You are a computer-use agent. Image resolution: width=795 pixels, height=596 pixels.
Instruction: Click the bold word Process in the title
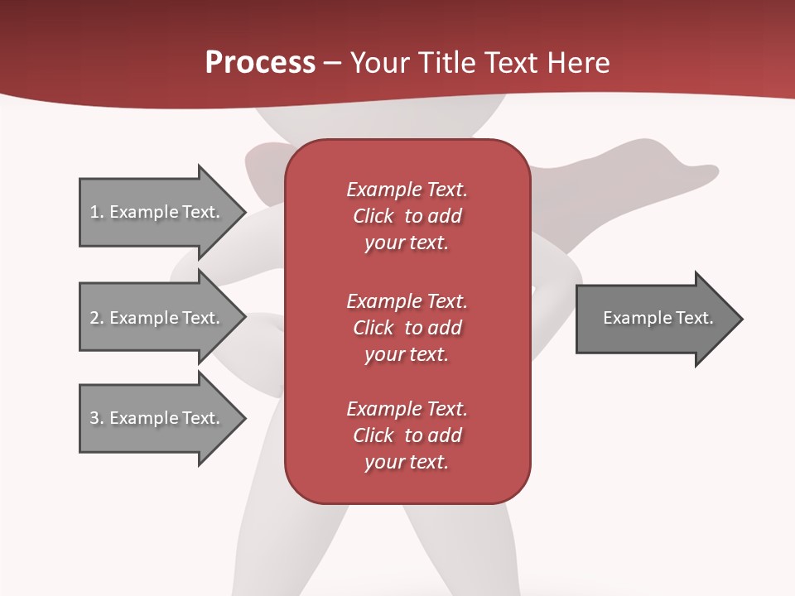click(x=260, y=63)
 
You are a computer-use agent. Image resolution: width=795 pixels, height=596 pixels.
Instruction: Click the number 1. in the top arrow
click(x=97, y=212)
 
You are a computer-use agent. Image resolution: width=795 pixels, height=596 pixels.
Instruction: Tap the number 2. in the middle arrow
click(x=97, y=318)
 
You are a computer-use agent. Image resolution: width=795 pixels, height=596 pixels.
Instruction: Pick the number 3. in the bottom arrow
click(x=97, y=418)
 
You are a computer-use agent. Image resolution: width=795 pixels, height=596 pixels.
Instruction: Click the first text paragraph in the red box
click(x=407, y=216)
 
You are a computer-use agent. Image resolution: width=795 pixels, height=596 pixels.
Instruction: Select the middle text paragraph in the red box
click(x=407, y=328)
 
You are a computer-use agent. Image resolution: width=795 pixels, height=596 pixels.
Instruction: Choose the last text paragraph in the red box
click(x=407, y=435)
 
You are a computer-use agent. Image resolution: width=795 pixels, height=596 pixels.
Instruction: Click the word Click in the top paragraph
click(x=373, y=216)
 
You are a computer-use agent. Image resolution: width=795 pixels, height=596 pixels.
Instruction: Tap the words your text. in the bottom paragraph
click(x=407, y=463)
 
